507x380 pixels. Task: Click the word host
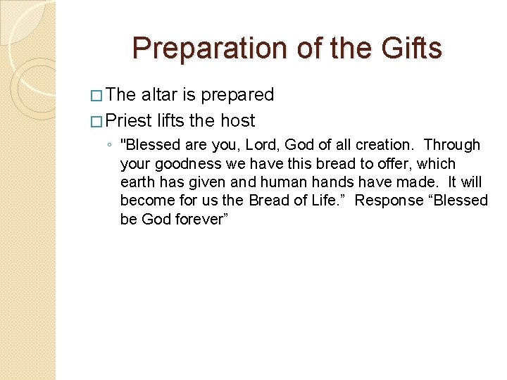pos(237,120)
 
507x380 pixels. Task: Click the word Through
pos(452,145)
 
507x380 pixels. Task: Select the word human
pos(296,182)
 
